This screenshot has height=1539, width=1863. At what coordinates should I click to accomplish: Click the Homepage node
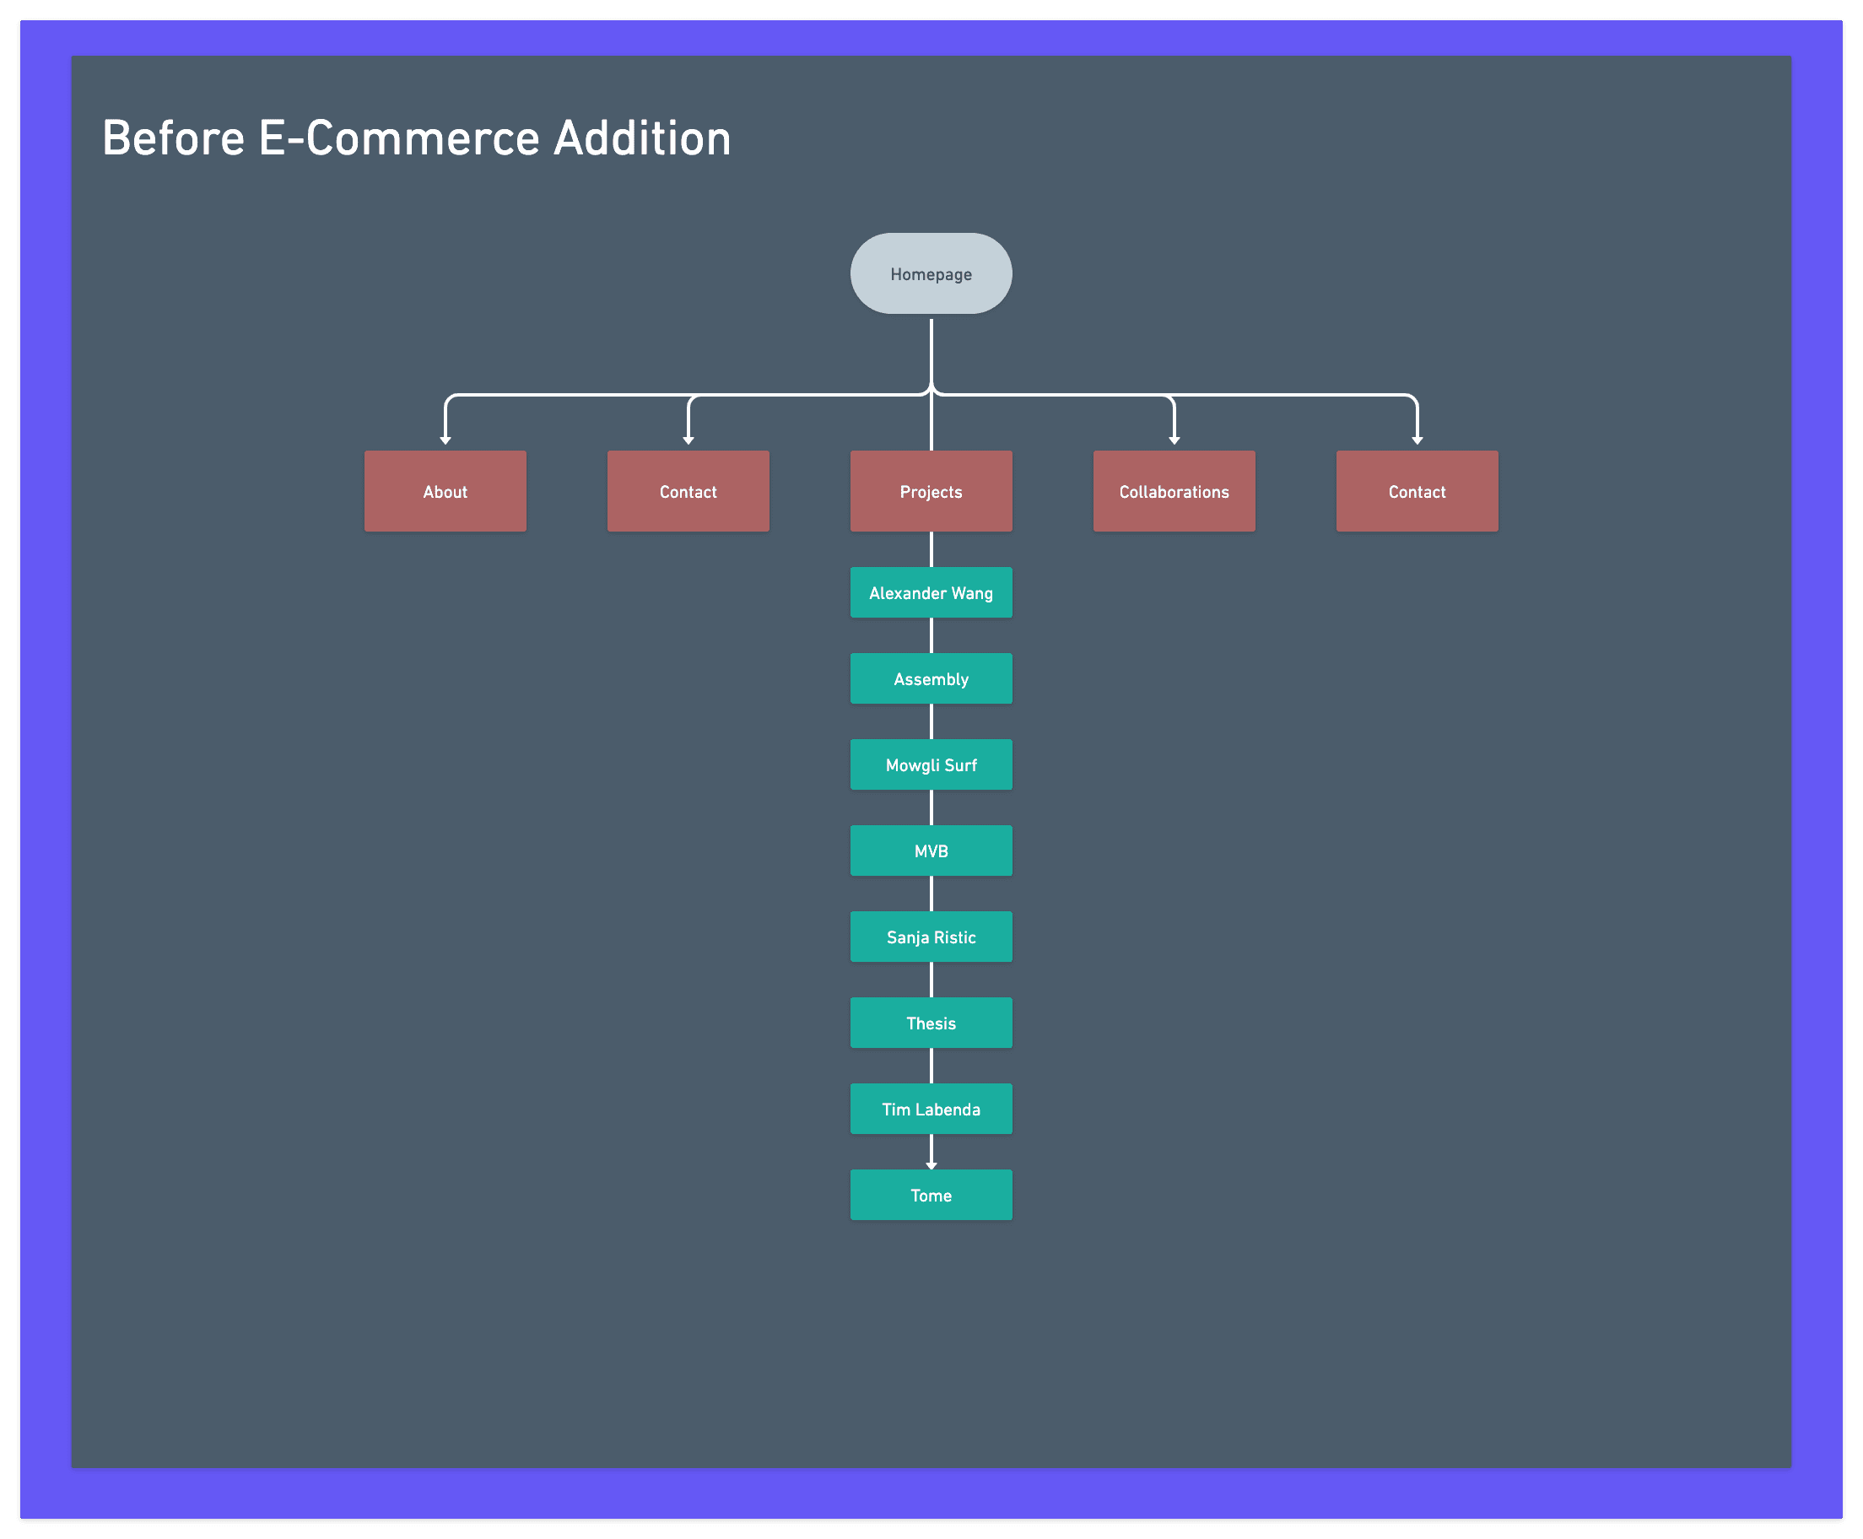(931, 274)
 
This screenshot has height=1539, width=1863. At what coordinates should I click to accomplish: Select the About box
(445, 491)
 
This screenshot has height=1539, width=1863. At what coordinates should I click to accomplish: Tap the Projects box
(931, 491)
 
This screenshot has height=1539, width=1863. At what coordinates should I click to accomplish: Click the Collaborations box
(1174, 491)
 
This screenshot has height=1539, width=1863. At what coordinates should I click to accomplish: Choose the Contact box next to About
(688, 491)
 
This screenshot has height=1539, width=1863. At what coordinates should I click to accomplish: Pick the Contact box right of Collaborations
(1417, 491)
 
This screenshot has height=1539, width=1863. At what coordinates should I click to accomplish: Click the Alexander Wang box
(931, 592)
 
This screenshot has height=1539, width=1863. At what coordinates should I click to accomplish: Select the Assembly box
(931, 678)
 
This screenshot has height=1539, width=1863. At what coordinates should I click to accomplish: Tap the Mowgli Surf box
(931, 764)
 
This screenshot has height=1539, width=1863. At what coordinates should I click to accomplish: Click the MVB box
(931, 850)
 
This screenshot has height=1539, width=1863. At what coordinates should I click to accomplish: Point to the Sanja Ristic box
(931, 937)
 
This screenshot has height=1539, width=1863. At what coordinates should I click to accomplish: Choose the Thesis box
(931, 1022)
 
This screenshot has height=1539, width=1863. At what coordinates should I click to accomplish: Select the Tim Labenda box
(931, 1108)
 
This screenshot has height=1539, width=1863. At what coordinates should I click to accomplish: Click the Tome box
(931, 1194)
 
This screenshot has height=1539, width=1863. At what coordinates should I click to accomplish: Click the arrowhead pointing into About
(445, 440)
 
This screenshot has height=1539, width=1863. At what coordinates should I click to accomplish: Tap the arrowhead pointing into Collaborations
(1174, 440)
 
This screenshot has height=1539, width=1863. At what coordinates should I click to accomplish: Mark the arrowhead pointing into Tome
(931, 1165)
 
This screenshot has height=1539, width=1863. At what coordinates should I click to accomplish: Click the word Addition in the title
(642, 139)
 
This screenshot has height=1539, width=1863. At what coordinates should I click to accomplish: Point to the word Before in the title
(174, 139)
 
